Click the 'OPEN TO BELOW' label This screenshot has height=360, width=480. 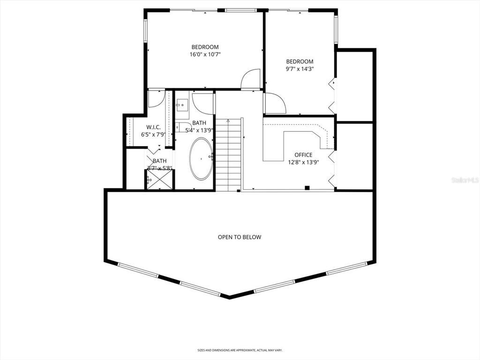tap(239, 237)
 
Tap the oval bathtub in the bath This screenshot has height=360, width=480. tap(201, 159)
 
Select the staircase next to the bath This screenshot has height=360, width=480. tap(228, 155)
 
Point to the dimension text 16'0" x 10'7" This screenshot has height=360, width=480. tap(205, 54)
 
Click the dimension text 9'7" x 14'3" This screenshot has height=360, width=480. tap(300, 69)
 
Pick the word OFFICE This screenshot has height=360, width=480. tap(303, 155)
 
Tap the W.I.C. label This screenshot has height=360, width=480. tap(153, 127)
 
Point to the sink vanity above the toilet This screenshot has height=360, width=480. tap(182, 106)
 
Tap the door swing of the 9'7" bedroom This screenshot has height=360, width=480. tap(275, 103)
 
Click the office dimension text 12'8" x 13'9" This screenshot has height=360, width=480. tap(303, 162)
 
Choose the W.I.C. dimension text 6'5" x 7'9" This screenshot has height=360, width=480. tap(153, 135)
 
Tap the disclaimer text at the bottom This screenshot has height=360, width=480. tap(240, 350)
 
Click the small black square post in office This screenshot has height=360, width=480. tap(307, 188)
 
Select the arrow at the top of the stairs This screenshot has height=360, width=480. tap(228, 120)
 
